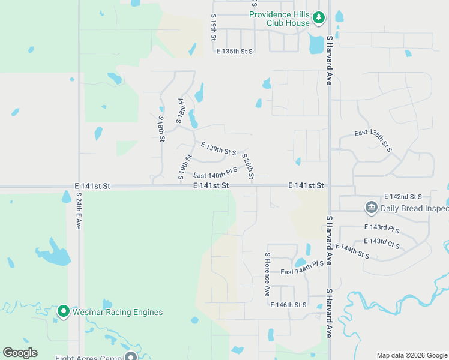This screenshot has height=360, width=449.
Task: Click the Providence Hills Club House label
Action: [x=279, y=19]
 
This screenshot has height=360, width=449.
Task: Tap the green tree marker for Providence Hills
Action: [x=319, y=19]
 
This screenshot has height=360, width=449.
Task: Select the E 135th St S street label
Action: [x=235, y=52]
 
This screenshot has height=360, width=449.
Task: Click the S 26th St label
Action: [x=248, y=167]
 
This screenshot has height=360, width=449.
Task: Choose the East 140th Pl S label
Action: [x=215, y=174]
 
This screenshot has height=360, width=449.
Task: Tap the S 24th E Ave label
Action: [x=78, y=211]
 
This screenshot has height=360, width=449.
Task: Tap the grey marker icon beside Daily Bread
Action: [x=370, y=208]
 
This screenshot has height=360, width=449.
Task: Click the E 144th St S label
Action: [x=352, y=251]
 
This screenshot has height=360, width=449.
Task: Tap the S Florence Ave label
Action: [x=268, y=274]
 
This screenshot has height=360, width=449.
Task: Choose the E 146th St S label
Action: [x=288, y=305]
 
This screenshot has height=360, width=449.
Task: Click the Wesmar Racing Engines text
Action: [x=118, y=312]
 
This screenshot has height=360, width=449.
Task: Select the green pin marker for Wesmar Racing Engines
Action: [x=63, y=311]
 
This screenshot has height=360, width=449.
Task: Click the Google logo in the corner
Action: [x=20, y=353]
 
